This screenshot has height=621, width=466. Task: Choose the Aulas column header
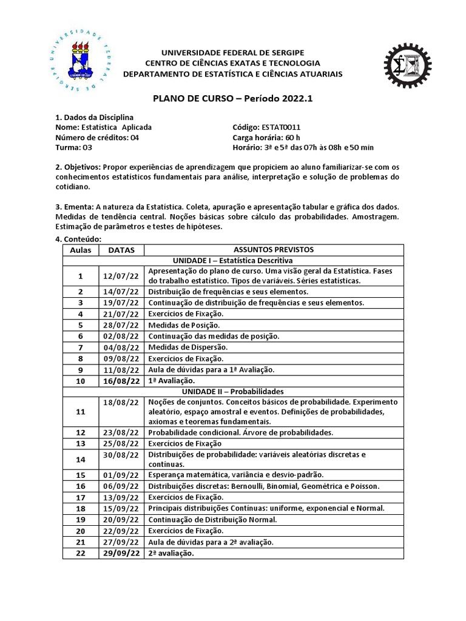coord(80,250)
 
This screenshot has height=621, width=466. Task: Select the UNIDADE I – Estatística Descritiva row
coord(232,260)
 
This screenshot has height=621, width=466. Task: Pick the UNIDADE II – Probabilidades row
coord(232,391)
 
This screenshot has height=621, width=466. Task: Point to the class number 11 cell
coord(80,412)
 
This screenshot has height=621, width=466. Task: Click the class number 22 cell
coord(80,554)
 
